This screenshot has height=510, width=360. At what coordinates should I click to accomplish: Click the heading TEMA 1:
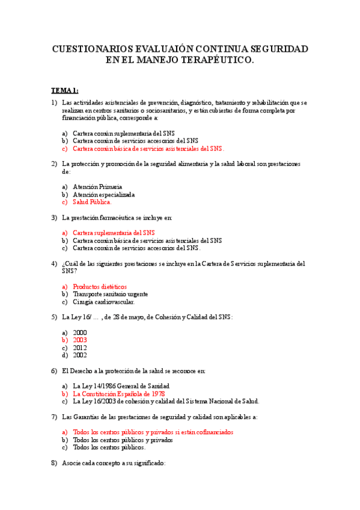pyautogui.click(x=64, y=90)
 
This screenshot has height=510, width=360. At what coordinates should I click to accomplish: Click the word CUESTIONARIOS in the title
pyautogui.click(x=90, y=49)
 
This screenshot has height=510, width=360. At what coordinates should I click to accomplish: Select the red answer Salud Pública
pyautogui.click(x=92, y=202)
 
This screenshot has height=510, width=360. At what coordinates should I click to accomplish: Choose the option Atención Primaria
pyautogui.click(x=97, y=186)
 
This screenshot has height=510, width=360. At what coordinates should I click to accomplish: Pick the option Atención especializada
pyautogui.click(x=103, y=194)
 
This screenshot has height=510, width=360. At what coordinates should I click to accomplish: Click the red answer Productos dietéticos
pyautogui.click(x=100, y=286)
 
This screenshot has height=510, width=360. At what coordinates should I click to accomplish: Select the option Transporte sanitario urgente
pyautogui.click(x=110, y=294)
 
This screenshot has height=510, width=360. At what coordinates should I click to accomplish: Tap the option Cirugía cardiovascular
pyautogui.click(x=103, y=302)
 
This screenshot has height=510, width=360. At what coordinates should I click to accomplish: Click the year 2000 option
pyautogui.click(x=80, y=333)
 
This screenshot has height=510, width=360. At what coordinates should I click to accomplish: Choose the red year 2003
pyautogui.click(x=80, y=340)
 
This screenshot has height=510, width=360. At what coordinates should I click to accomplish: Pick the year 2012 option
pyautogui.click(x=80, y=348)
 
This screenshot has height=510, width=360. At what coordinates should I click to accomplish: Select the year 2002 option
pyautogui.click(x=80, y=355)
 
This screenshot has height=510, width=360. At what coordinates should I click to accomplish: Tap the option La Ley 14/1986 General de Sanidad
pyautogui.click(x=121, y=386)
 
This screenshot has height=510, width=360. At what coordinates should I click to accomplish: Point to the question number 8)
pyautogui.click(x=54, y=464)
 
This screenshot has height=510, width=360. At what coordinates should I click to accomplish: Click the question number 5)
pyautogui.click(x=54, y=317)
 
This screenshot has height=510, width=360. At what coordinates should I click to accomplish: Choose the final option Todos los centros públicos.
pyautogui.click(x=109, y=447)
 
